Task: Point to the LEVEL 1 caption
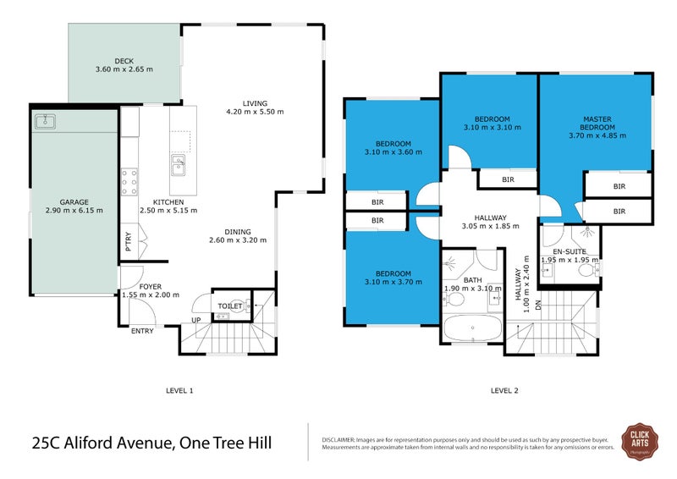tap(179, 390)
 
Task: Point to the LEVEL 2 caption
tap(505, 390)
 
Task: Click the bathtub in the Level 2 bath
tap(473, 329)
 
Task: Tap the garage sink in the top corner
tap(44, 122)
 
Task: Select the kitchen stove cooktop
tap(130, 182)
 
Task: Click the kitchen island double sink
tap(179, 164)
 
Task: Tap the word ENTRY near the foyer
tap(142, 331)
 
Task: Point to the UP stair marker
tap(195, 321)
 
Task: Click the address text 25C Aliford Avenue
tap(152, 442)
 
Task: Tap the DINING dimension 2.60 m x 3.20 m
tap(238, 240)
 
